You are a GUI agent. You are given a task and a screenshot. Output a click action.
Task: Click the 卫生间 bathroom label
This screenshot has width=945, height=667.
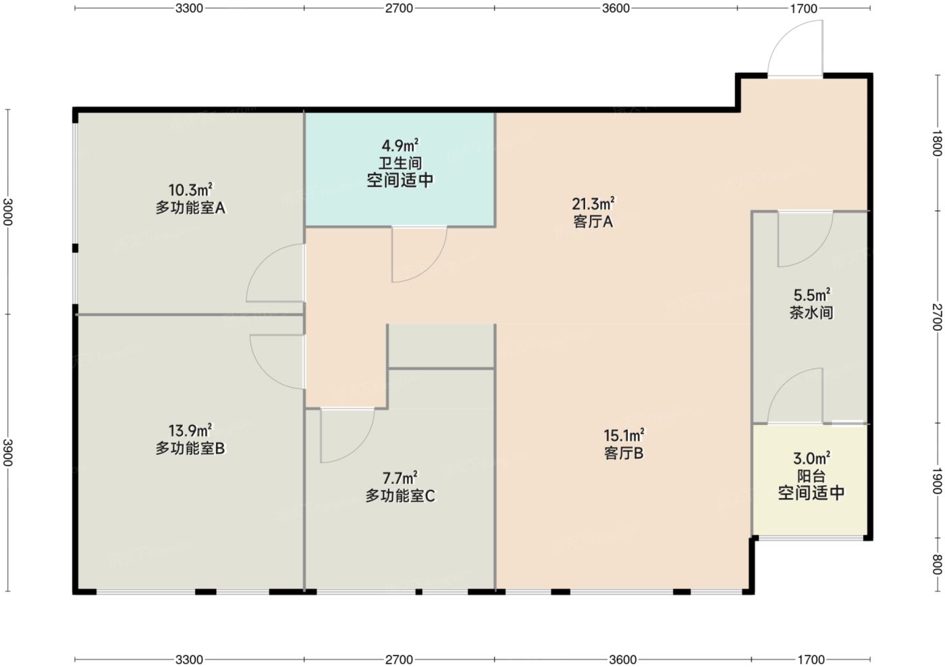400,163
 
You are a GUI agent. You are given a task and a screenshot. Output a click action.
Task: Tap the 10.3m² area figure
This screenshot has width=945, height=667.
190,190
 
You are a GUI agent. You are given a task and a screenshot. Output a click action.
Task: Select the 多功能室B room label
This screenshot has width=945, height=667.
190,448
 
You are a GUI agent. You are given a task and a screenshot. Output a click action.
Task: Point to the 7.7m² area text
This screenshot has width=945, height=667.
400,478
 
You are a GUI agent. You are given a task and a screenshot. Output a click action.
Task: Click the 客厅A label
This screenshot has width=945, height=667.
593,222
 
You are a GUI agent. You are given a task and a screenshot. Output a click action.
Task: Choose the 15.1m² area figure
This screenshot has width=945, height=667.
624,435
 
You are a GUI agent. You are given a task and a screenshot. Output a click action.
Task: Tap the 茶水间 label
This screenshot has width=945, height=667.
811,312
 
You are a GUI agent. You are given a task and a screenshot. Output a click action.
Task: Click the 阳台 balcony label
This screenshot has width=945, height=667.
811,476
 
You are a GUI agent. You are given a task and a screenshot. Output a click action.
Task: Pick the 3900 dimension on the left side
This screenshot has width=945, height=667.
8,452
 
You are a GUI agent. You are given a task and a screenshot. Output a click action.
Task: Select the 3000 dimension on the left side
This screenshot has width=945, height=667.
8,212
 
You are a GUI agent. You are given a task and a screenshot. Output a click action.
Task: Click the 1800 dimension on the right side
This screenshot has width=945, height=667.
937,143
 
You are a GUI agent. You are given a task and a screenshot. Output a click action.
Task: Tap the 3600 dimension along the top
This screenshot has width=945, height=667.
616,8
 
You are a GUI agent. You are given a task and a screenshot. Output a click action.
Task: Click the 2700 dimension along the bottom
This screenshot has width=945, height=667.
399,659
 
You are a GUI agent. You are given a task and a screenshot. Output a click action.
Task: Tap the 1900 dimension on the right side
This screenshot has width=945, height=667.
937,480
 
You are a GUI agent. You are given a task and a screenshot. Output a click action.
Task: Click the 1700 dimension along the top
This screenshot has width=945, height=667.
804,8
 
